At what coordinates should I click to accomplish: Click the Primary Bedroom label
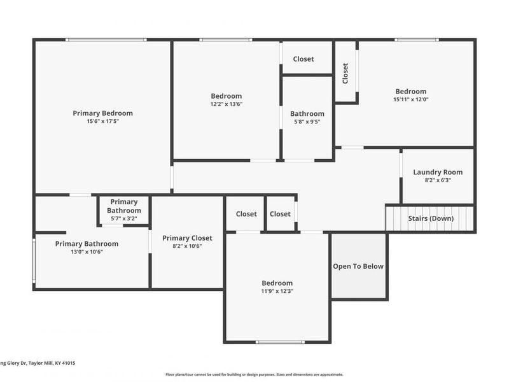pyautogui.click(x=102, y=113)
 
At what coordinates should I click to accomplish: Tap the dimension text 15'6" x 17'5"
pyautogui.click(x=102, y=121)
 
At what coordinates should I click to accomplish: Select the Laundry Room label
pyautogui.click(x=438, y=172)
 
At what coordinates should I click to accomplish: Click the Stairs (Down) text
pyautogui.click(x=431, y=218)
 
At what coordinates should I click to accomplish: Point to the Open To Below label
pyautogui.click(x=358, y=266)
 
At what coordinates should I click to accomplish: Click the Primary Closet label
pyautogui.click(x=187, y=238)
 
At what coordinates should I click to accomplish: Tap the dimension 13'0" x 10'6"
pyautogui.click(x=87, y=251)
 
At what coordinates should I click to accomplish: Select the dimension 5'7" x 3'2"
pyautogui.click(x=123, y=218)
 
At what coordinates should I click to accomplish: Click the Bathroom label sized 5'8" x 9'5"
pyautogui.click(x=307, y=114)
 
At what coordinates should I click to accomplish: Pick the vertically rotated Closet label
pyautogui.click(x=345, y=73)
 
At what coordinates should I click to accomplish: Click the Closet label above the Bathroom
pyautogui.click(x=303, y=59)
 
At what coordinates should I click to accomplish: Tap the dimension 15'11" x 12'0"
pyautogui.click(x=410, y=99)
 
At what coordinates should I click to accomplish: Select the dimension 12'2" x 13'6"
pyautogui.click(x=227, y=104)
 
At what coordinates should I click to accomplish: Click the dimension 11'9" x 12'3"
pyautogui.click(x=277, y=291)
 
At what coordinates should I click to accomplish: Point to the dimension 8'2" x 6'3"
pyautogui.click(x=438, y=180)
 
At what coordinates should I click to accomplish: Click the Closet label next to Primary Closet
pyautogui.click(x=246, y=214)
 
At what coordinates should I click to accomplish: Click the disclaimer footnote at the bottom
pyautogui.click(x=254, y=374)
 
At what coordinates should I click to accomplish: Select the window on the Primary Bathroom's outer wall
pyautogui.click(x=34, y=259)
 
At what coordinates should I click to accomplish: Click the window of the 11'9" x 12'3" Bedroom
pyautogui.click(x=280, y=342)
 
